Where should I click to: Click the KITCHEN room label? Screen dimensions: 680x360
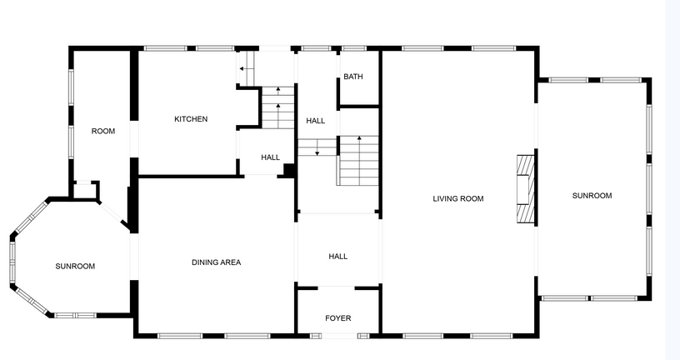pos(191,119)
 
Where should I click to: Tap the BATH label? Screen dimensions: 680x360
pos(353,77)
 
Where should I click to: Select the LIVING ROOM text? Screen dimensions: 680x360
pos(458,198)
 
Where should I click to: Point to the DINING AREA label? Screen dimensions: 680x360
pos(216,262)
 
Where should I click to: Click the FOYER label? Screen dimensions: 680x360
pos(337,318)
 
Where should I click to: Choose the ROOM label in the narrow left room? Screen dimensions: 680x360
pos(103,131)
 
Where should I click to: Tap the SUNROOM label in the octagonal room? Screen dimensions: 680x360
pos(75,267)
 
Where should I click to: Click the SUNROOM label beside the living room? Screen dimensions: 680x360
pos(592,196)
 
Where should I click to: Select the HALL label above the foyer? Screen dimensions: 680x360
pos(337,257)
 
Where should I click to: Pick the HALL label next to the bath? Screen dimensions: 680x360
pos(315,121)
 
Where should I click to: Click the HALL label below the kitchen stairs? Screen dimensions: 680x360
pos(270,157)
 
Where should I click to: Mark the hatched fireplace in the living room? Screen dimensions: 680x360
pos(525,188)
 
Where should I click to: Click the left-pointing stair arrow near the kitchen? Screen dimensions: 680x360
pos(247,68)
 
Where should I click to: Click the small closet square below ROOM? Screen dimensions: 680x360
pos(86,190)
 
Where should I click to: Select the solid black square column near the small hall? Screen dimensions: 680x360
pos(290,171)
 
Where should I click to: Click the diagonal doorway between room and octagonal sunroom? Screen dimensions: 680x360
pos(113,214)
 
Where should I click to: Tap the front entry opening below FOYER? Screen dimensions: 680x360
pos(339,335)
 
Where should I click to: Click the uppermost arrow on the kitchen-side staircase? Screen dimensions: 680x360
pos(278,91)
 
